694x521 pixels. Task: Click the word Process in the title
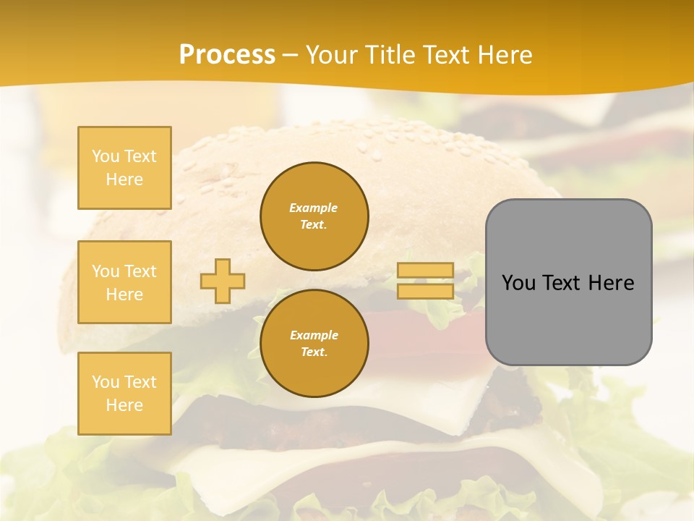(x=227, y=55)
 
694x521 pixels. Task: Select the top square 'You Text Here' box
(x=124, y=168)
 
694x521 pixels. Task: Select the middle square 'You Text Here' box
(x=124, y=282)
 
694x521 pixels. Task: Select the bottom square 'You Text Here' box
(x=124, y=394)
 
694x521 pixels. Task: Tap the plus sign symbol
(x=223, y=281)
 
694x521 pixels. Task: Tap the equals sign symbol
(x=425, y=281)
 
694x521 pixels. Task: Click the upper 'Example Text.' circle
(x=314, y=216)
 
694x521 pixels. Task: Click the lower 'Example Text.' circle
(x=314, y=344)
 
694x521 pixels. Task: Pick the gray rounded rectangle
(x=568, y=282)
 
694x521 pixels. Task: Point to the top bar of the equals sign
(x=425, y=271)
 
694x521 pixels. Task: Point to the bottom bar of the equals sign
(x=425, y=291)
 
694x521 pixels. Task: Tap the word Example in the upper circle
(x=314, y=208)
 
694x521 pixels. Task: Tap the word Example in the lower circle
(x=314, y=335)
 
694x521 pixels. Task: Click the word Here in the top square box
(x=124, y=179)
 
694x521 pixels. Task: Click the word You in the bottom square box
(x=106, y=382)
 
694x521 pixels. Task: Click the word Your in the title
(x=330, y=55)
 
